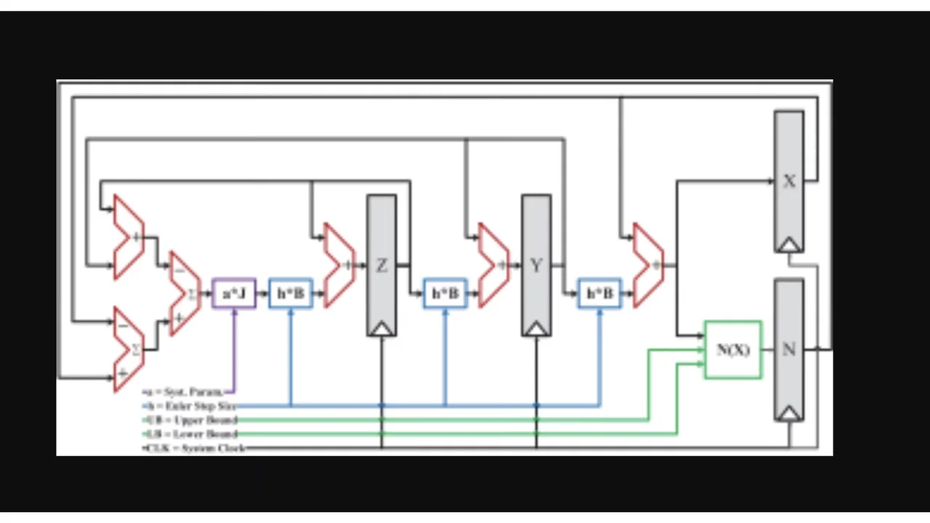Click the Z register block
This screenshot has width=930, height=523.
point(381,265)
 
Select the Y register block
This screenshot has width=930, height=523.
point(536,265)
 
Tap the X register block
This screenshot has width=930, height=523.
point(789,181)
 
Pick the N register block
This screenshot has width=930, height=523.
point(789,349)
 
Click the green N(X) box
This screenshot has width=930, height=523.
point(733,349)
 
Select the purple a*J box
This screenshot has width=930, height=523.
point(234,293)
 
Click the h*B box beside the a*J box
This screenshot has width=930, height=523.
point(291,293)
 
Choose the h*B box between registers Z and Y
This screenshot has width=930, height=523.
point(445,293)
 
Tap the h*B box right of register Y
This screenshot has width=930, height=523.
point(599,293)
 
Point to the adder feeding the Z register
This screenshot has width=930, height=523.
point(338,265)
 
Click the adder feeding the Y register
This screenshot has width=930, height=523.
point(493,265)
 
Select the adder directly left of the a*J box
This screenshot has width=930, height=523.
point(185,293)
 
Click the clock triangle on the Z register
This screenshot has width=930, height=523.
point(381,329)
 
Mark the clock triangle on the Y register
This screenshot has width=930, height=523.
point(536,329)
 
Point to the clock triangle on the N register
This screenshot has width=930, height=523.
point(789,413)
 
